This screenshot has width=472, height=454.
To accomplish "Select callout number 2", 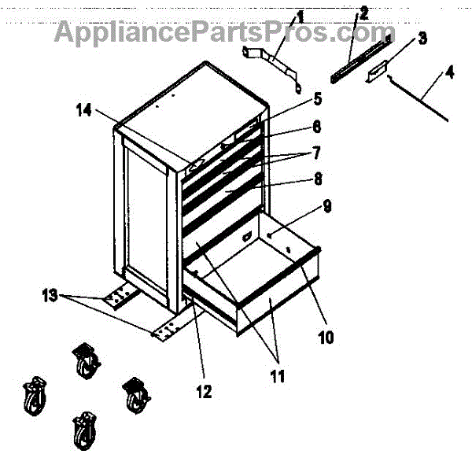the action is click(363, 13).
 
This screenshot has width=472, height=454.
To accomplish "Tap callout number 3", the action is click(422, 38).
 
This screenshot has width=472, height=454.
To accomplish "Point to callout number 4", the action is click(448, 75).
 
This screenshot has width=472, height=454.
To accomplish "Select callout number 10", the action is click(326, 338).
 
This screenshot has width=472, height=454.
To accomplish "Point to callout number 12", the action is click(204, 391).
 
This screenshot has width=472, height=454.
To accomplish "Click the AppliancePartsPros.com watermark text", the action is click(224, 33).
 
